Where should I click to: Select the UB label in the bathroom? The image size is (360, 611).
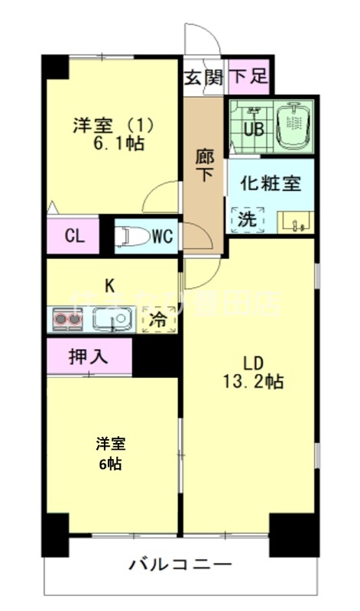[253, 128]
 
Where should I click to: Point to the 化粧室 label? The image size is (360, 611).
[271, 183]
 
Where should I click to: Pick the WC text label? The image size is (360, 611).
[162, 237]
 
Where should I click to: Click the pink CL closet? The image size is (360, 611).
[73, 235]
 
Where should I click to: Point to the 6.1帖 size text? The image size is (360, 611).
[118, 143]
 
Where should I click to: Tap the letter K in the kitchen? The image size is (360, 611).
[111, 286]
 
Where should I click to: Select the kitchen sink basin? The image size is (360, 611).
[112, 319]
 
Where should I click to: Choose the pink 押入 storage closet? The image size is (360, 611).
[89, 356]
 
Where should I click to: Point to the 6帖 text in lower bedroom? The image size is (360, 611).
[110, 464]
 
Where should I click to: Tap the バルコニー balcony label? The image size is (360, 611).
[180, 566]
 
